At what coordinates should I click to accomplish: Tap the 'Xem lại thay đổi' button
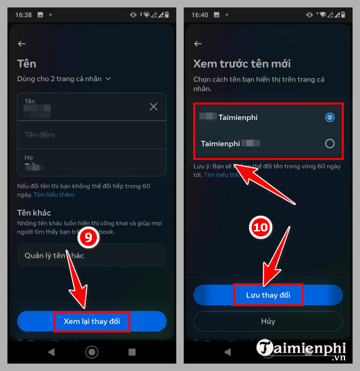[91, 321]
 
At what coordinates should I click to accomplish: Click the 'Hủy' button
[268, 321]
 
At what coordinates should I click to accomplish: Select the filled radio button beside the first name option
[330, 117]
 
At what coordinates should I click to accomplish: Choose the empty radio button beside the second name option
[330, 143]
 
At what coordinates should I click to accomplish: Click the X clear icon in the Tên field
[153, 107]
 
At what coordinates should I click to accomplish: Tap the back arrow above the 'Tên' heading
[22, 44]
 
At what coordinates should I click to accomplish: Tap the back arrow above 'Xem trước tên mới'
[198, 44]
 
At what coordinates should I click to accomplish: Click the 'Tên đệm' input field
[91, 134]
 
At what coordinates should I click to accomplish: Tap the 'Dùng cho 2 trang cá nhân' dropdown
[64, 79]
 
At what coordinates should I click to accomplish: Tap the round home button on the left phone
[92, 352]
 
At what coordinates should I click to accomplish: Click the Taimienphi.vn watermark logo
[301, 349]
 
